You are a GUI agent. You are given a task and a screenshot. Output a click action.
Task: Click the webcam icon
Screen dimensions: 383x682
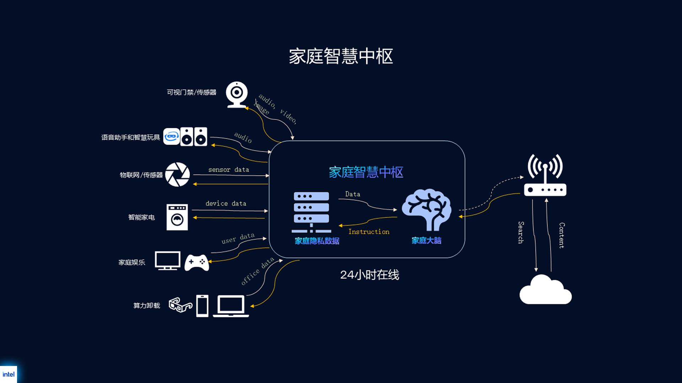[237, 94]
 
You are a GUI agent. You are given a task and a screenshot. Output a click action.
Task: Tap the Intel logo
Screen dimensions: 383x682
[9, 374]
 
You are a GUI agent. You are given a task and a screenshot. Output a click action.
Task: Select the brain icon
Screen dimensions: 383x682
[427, 209]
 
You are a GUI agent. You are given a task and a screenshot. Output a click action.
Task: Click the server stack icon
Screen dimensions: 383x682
[311, 212]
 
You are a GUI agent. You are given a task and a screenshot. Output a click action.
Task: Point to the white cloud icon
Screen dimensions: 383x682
[545, 291]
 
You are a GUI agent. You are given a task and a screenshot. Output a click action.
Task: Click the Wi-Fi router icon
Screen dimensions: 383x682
[545, 176]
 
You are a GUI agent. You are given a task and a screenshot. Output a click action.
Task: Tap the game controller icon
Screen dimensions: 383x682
[197, 262]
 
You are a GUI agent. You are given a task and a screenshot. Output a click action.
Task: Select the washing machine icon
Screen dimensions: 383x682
[177, 217]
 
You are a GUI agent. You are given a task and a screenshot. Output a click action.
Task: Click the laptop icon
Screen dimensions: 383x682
[231, 306]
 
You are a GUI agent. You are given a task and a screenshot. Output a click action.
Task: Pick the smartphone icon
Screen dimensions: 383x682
[202, 306]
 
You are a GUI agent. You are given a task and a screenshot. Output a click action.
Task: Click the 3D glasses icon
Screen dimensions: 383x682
[180, 305]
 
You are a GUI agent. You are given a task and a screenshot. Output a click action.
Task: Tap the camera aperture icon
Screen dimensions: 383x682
[178, 174]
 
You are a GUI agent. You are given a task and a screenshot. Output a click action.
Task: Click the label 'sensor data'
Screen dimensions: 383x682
[228, 170]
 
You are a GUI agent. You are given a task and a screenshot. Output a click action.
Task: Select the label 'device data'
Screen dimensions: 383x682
[226, 204]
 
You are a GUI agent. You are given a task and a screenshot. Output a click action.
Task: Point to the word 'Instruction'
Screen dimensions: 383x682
[369, 232]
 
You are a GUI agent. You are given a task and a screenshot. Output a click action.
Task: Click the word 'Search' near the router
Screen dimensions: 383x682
[521, 233]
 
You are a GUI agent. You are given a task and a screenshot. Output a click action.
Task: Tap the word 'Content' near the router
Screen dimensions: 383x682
[562, 235]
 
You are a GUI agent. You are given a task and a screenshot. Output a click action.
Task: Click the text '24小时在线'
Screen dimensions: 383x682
[369, 275]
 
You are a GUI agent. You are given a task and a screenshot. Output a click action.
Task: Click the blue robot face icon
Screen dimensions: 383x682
[172, 137]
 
